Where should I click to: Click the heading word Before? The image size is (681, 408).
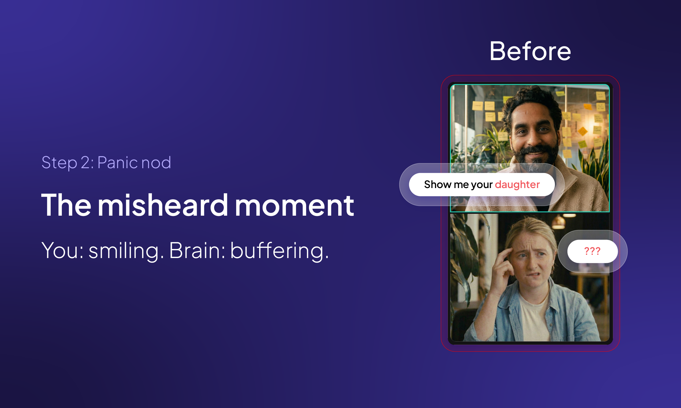pos(530,51)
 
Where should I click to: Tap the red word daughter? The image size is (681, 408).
pos(517,185)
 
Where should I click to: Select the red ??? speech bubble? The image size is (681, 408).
pos(593,251)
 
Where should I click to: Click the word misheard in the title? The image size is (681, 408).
pos(163,205)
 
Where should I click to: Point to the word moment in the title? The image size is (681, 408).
pos(294,205)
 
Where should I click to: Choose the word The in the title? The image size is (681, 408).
pos(66,205)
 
